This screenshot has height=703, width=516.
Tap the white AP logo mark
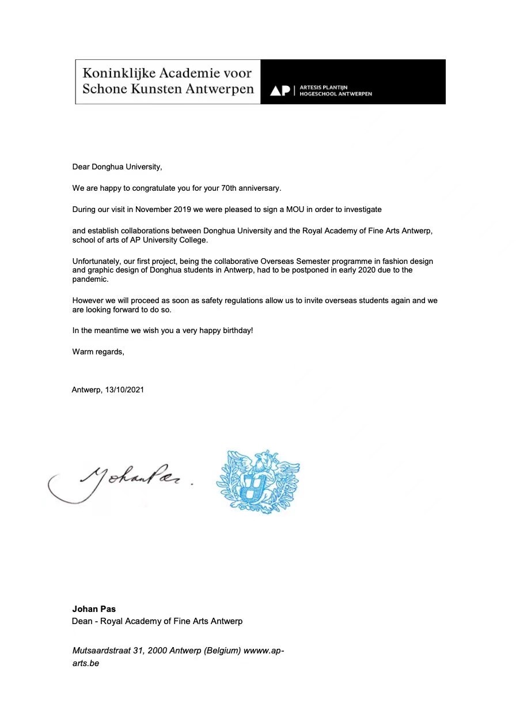click(280, 90)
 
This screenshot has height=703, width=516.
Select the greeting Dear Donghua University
click(117, 167)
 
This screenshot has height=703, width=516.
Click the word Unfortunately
click(95, 262)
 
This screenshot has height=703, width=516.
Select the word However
click(87, 301)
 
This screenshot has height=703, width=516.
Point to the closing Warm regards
click(98, 352)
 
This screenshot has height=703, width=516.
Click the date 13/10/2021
click(124, 390)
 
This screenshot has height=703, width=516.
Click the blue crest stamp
click(257, 482)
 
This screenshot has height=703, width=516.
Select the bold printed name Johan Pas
click(94, 608)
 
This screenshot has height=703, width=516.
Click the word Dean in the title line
click(82, 621)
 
